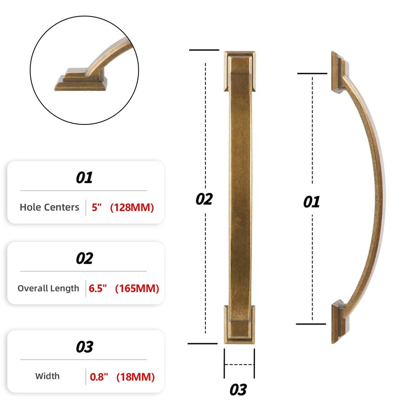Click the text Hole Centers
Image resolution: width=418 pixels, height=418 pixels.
point(49,207)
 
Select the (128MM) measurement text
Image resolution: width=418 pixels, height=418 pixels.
point(132,207)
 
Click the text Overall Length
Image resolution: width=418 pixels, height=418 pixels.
point(48,288)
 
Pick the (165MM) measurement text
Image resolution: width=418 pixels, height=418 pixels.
point(137,288)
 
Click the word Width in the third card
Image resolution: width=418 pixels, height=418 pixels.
point(47,376)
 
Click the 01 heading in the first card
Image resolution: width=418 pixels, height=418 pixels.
point(84,178)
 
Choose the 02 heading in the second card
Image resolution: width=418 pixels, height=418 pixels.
point(84,259)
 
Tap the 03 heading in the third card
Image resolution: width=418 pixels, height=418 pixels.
point(84,347)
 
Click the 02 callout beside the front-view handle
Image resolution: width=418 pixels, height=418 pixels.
point(204,199)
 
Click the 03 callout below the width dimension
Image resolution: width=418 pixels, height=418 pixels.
point(238,390)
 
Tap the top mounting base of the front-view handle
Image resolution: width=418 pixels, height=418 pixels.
point(239,71)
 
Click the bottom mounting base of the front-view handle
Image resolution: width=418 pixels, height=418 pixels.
point(239,324)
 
